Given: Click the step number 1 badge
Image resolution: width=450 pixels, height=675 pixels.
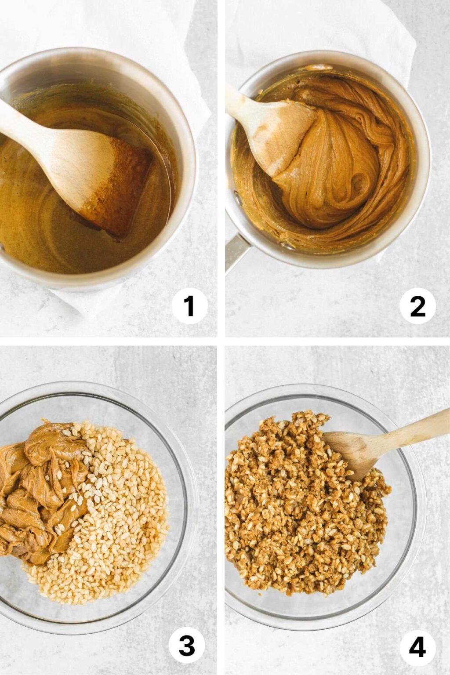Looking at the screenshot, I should [189, 305].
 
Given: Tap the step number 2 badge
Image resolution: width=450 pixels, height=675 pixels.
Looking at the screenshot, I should [417, 305].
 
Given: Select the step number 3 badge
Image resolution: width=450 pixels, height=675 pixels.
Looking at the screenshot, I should [187, 646].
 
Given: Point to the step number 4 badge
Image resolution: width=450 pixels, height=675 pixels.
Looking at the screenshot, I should [417, 646].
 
